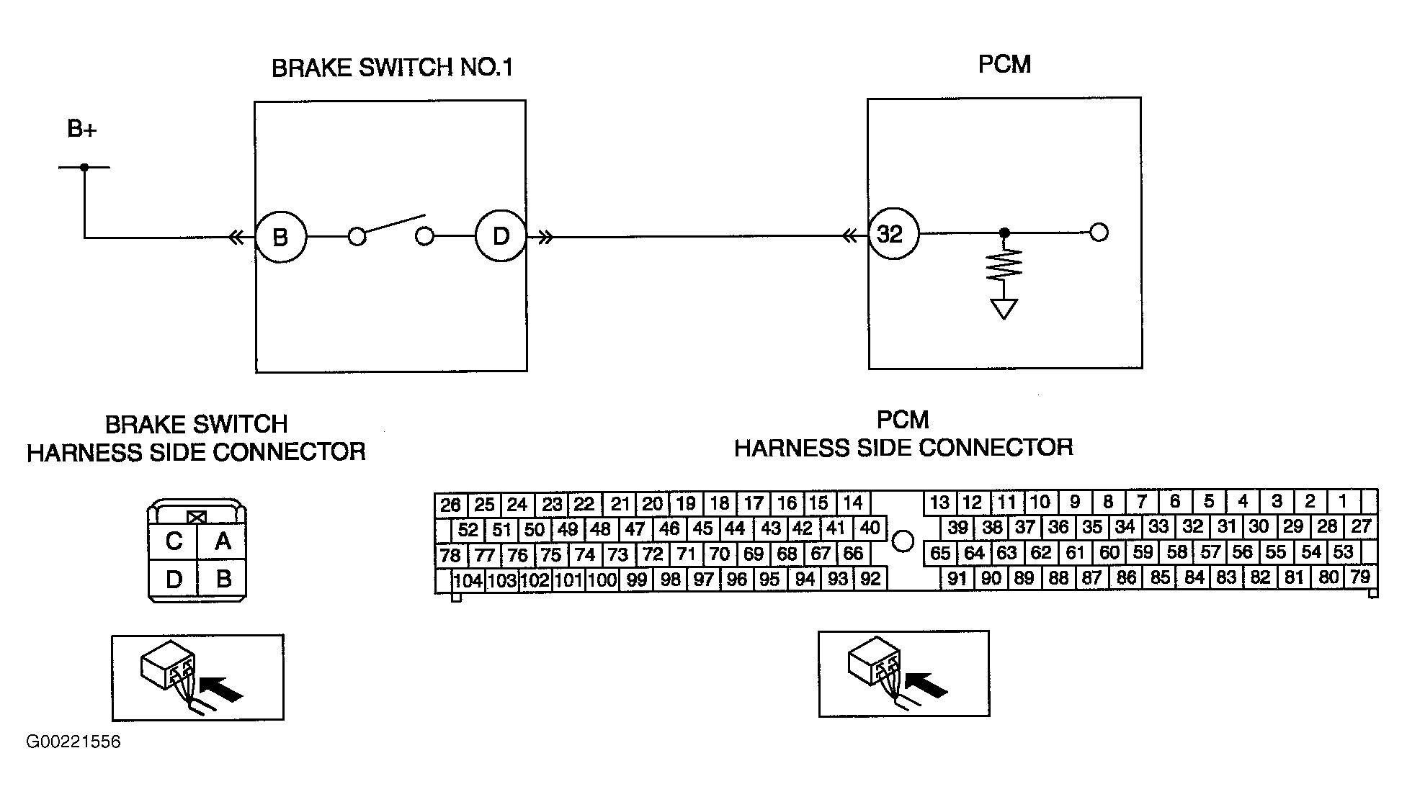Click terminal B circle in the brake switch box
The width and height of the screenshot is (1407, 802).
281,237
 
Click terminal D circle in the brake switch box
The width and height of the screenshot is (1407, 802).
501,235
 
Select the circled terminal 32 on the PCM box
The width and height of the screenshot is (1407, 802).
893,234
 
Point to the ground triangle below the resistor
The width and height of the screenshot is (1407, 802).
1004,308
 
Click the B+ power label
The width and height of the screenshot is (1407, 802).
82,130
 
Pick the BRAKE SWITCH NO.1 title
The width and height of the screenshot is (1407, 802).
392,68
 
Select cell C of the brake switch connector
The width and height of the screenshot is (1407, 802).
173,541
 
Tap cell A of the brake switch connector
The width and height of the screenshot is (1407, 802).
223,541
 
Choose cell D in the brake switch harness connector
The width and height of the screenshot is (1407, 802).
173,579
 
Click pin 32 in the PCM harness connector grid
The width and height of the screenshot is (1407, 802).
1192,526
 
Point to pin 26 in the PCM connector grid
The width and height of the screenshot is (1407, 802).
451,504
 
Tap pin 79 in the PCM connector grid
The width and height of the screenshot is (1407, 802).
1359,577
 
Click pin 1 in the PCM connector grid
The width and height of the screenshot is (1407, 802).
1343,501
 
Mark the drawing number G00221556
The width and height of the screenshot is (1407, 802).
73,742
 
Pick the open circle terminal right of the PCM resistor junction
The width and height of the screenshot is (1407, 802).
1099,233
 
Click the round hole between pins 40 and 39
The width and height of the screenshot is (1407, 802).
903,541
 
